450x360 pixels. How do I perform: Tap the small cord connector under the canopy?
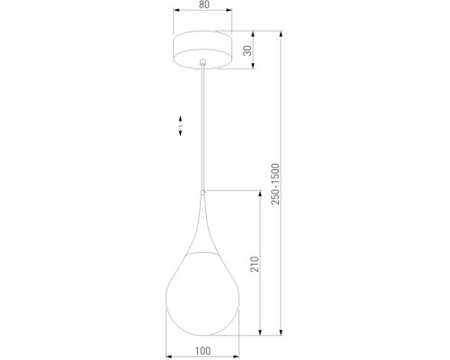(205, 64)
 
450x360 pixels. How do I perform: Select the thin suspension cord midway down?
(205, 126)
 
